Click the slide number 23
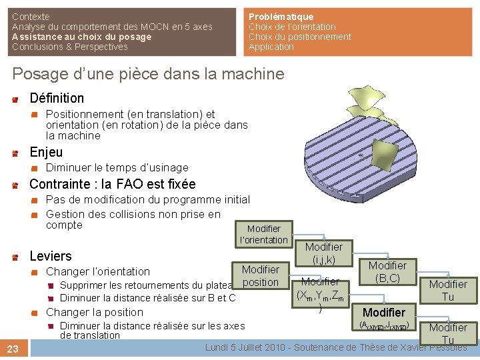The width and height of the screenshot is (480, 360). [x=13, y=348]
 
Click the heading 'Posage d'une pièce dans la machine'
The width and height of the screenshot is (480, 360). [x=148, y=74]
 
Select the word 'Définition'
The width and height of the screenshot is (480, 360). [x=57, y=98]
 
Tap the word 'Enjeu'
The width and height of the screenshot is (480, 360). [x=47, y=152]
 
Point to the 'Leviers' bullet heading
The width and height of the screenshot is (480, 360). [x=51, y=256]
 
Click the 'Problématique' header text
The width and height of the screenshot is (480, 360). [x=281, y=16]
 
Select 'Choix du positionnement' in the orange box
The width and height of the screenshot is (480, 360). [x=299, y=37]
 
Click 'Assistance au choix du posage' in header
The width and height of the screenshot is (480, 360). [x=81, y=37]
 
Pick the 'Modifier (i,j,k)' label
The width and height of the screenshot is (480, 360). [x=323, y=253]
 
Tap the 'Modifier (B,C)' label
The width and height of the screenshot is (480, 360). [x=387, y=271]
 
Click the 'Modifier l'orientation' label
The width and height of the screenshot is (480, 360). [x=264, y=234]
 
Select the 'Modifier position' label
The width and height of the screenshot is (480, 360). [x=261, y=275]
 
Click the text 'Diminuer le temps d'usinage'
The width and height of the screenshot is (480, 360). [x=117, y=168]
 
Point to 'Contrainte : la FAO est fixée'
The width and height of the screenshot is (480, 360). [x=113, y=184]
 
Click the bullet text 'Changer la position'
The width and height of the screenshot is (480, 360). [x=94, y=312]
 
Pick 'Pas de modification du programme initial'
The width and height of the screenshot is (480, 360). [x=147, y=199]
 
